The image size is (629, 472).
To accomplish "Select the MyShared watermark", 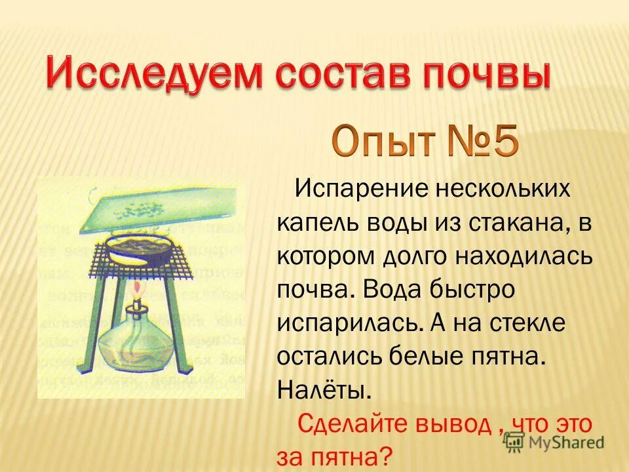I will pos(554,441).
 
